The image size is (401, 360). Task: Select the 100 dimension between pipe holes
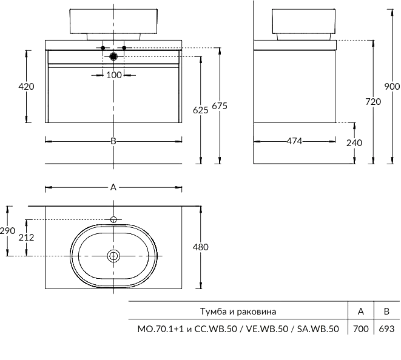tap(113, 75)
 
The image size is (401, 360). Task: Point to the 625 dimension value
tap(200, 110)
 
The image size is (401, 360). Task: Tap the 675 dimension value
tap(219, 106)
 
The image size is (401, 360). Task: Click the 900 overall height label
tap(392, 86)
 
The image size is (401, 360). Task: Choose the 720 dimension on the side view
tap(373, 102)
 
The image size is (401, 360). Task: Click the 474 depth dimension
tap(294, 141)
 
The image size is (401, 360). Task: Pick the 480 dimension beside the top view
tap(200, 247)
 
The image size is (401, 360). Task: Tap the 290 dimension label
tap(7, 231)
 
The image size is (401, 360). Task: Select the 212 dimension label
tap(26, 238)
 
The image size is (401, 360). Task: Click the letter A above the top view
tap(113, 187)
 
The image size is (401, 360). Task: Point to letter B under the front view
tap(113, 141)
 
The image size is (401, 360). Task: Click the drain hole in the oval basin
tap(113, 256)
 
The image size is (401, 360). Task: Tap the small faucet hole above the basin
tap(113, 219)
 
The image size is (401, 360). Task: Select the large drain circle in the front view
tap(113, 56)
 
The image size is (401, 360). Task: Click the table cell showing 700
tap(360, 329)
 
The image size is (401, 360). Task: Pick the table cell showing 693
tap(386, 329)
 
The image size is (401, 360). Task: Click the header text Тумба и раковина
tap(238, 312)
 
